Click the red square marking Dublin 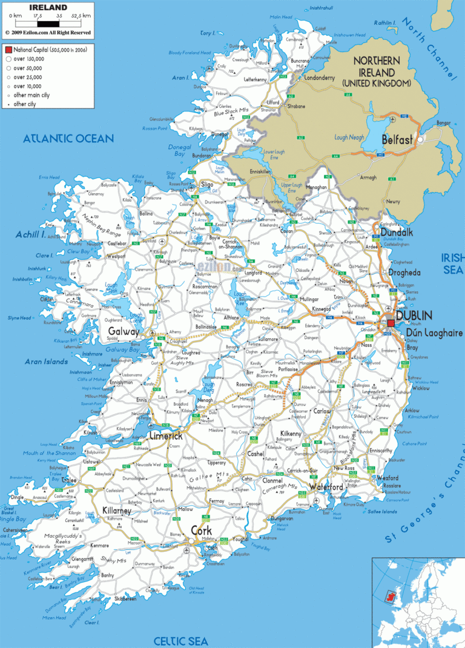[391, 324]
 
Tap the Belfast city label [397, 140]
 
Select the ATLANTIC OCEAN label [68, 139]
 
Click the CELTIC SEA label [180, 641]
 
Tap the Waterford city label [326, 487]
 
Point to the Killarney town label [117, 511]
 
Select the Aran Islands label [46, 362]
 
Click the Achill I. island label [31, 234]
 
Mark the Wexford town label [387, 478]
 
